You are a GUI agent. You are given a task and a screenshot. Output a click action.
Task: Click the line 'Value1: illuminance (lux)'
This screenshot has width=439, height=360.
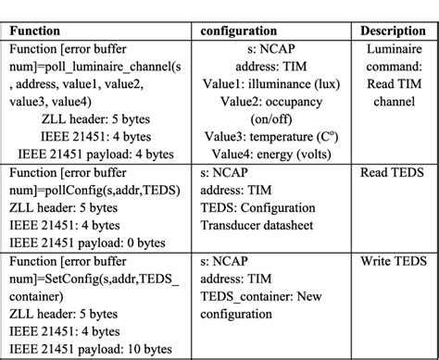tap(274, 82)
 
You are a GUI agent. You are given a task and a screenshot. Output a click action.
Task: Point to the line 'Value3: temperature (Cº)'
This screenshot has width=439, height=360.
tap(274, 134)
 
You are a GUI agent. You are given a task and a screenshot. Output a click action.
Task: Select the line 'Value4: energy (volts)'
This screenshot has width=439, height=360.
tap(274, 152)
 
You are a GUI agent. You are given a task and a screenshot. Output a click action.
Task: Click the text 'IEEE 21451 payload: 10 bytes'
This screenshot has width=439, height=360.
tap(94, 351)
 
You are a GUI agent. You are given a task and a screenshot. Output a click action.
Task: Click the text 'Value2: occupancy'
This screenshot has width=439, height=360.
tap(274, 100)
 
